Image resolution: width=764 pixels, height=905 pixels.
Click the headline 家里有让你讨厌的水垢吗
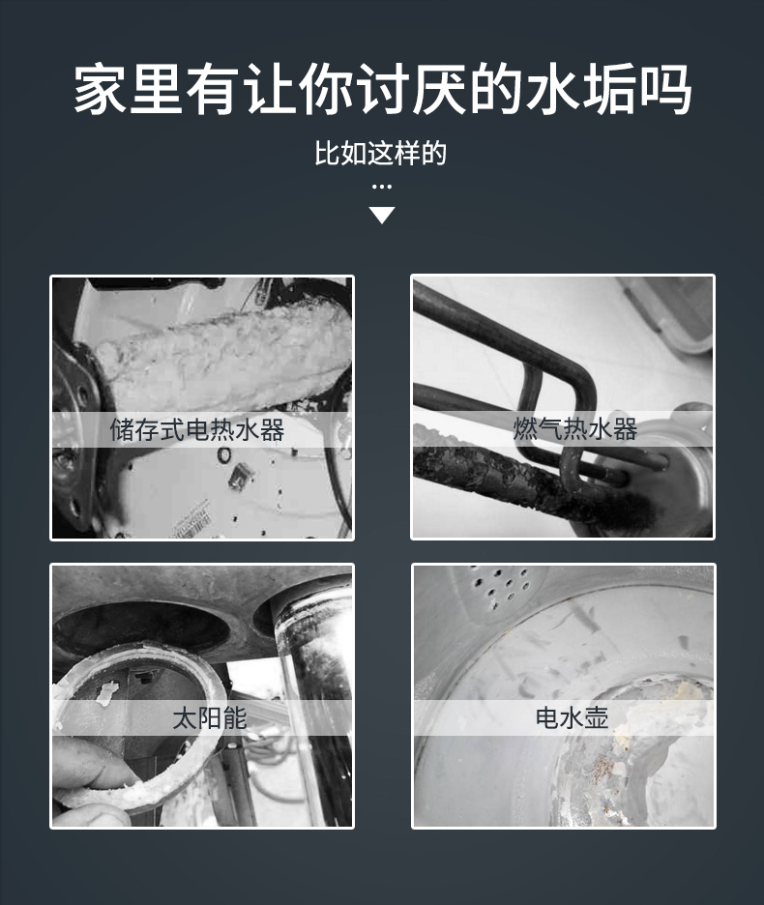[382, 91]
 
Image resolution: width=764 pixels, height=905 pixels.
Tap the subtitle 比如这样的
[381, 154]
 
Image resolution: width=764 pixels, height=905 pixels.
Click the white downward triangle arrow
[382, 215]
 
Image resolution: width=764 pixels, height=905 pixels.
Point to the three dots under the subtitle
[382, 187]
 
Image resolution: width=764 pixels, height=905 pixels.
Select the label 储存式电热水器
[197, 430]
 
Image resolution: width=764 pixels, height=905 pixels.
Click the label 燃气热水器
[575, 429]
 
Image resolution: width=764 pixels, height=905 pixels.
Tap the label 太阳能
[209, 718]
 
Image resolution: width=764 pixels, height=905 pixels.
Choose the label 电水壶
[572, 718]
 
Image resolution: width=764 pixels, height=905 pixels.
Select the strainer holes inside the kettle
[504, 585]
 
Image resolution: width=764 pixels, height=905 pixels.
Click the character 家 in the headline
[100, 91]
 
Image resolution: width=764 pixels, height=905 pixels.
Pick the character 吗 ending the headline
[665, 91]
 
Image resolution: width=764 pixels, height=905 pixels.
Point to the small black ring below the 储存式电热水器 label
[224, 454]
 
